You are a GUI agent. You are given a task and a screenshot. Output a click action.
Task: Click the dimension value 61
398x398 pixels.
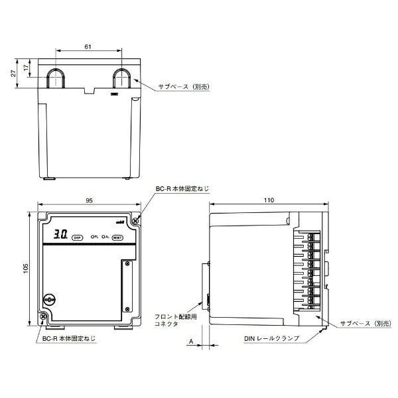(x=89, y=46)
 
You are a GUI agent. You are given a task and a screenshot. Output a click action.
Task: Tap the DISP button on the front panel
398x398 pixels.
(x=77, y=236)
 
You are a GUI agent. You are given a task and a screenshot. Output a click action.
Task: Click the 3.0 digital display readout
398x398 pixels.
(x=60, y=235)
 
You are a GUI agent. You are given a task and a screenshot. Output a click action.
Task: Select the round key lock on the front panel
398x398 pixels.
(x=48, y=300)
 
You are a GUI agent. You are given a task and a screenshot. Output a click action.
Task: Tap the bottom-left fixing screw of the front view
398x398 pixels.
(x=44, y=318)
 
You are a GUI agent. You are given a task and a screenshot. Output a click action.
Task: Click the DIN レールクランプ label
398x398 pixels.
(x=271, y=338)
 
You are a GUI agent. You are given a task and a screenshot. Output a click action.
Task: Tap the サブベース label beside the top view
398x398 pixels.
(x=182, y=87)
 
